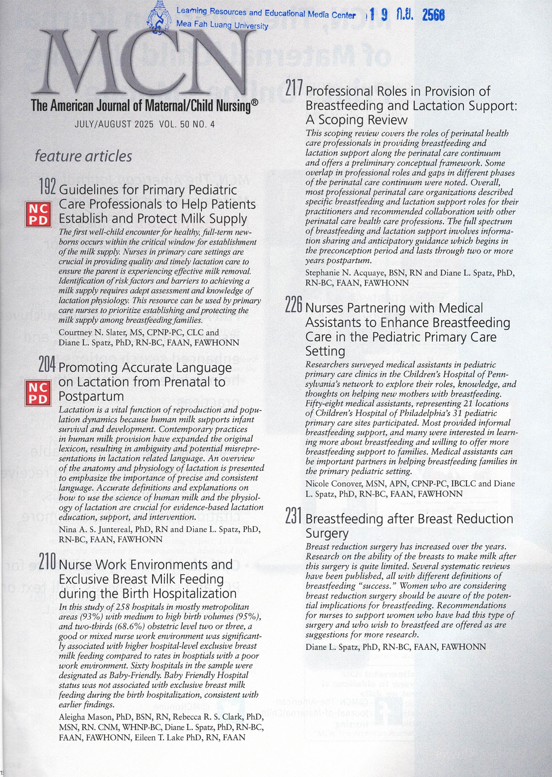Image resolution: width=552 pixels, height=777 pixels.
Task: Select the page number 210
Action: tap(47, 562)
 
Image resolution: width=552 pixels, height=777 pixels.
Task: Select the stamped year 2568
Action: tap(433, 15)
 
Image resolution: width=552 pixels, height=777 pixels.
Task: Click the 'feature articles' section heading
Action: tap(83, 156)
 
